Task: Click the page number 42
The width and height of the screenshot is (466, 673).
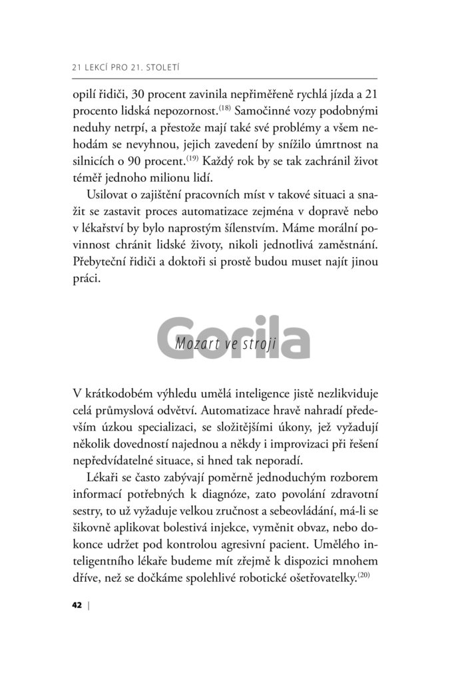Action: pos(75,605)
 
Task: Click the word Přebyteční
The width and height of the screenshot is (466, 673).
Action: pos(100,264)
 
